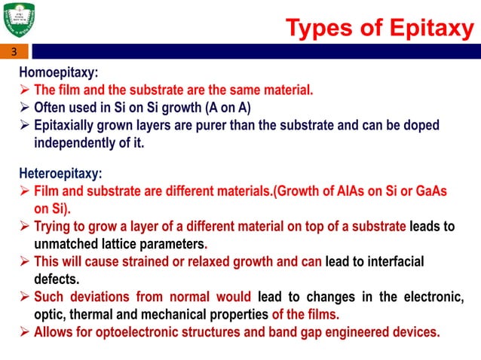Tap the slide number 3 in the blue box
pyautogui.click(x=13, y=52)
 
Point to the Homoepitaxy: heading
pyautogui.click(x=59, y=74)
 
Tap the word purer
pyautogui.click(x=207, y=124)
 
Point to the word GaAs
pyautogui.click(x=428, y=191)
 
